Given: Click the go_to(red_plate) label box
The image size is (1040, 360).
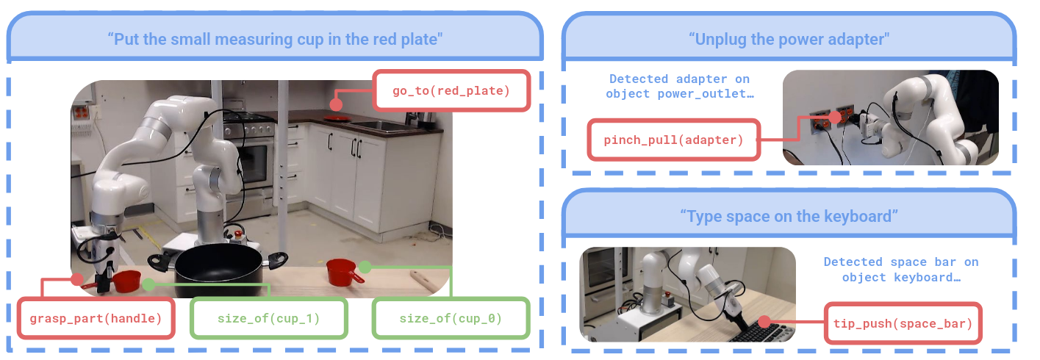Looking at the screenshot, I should coord(451,90).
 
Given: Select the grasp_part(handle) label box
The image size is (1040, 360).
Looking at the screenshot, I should coord(96,318).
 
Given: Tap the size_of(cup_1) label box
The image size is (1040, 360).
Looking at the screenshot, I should coord(268,318).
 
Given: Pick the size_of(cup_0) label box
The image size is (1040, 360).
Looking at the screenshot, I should coord(451,318).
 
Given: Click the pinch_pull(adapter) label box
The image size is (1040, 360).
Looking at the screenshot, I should coord(673,139).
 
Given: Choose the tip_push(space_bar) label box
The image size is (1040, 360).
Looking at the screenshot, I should coord(903,323).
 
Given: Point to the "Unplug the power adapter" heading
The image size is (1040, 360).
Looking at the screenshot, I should coord(789,39).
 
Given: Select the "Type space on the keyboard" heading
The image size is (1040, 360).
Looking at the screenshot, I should coord(789,217).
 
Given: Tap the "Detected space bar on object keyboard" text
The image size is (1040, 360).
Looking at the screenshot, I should coord(900,270).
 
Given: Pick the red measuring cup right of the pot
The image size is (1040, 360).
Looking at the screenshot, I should coord(343,272).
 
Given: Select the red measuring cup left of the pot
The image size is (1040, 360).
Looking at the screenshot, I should coord(127,280).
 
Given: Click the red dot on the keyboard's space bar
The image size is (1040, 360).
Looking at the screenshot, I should coord(765,322).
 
